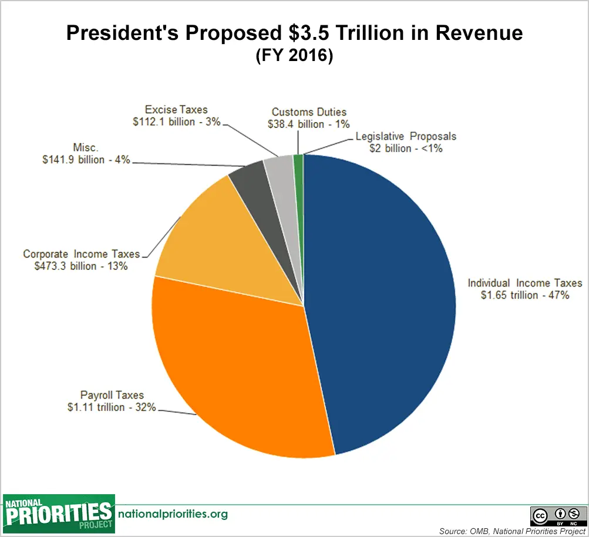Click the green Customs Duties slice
pyautogui.click(x=298, y=170)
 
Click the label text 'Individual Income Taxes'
pyautogui.click(x=524, y=283)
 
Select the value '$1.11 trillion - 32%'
pyautogui.click(x=112, y=407)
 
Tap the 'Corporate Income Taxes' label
pyautogui.click(x=82, y=254)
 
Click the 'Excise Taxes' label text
pyautogui.click(x=177, y=109)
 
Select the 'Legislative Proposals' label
pyautogui.click(x=406, y=137)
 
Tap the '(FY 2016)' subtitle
pyautogui.click(x=294, y=57)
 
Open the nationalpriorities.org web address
pyautogui.click(x=173, y=514)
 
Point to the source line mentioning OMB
pyautogui.click(x=512, y=531)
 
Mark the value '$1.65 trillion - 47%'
pyautogui.click(x=524, y=295)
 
